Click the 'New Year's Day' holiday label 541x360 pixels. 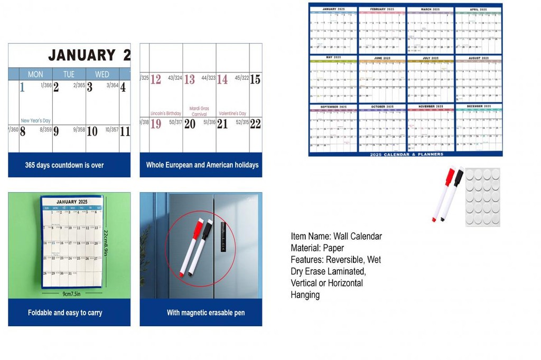click(x=35, y=121)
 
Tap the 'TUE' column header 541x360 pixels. click(x=69, y=74)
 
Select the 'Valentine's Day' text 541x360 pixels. click(x=232, y=113)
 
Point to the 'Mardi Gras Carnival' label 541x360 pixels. click(x=199, y=111)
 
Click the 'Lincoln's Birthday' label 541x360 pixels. click(x=165, y=113)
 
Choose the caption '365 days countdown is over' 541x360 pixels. click(x=64, y=165)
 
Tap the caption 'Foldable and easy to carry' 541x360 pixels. click(x=65, y=312)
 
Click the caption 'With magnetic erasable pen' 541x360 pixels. click(x=206, y=312)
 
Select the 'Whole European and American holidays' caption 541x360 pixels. click(x=202, y=165)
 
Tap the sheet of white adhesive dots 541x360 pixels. click(x=482, y=197)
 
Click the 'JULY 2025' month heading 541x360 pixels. click(x=430, y=58)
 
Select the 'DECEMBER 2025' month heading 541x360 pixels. click(x=479, y=107)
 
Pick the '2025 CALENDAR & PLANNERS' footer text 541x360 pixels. click(x=406, y=154)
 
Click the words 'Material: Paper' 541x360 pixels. click(x=317, y=248)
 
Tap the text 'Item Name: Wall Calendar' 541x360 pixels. click(x=336, y=236)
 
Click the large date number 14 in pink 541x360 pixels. click(x=222, y=80)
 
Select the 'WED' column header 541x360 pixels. click(x=102, y=74)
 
